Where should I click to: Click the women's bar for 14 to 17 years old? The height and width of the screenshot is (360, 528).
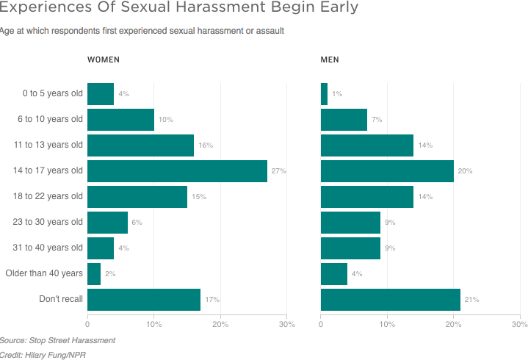(x=177, y=171)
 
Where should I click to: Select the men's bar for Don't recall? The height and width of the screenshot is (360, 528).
(x=391, y=300)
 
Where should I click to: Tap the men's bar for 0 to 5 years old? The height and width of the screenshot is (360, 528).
(x=324, y=94)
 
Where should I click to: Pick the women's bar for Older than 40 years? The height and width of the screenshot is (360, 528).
(x=94, y=274)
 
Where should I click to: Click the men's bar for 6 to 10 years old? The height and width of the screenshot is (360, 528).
(x=344, y=120)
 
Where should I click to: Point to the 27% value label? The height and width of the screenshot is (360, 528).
(x=278, y=171)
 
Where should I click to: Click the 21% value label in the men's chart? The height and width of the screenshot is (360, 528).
(x=471, y=300)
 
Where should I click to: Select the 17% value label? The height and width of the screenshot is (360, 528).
(x=212, y=300)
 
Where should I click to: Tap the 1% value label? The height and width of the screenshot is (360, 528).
(x=337, y=94)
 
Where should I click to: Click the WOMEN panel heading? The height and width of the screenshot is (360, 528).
(x=104, y=60)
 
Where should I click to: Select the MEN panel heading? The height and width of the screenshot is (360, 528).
(x=330, y=60)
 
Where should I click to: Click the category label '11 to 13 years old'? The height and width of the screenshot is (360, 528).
(x=49, y=145)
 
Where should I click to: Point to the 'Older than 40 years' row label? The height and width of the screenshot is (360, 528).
(x=44, y=273)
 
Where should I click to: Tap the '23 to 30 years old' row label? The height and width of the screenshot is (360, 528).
(x=49, y=222)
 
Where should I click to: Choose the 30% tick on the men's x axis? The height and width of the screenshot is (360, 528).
(x=519, y=324)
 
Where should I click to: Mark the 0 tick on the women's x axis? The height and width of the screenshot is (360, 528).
(x=87, y=324)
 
